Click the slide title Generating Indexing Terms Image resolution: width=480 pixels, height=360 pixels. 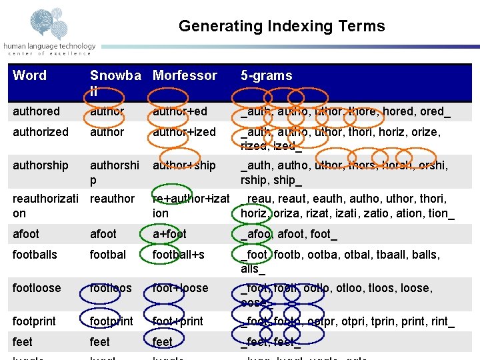pyautogui.click(x=281, y=27)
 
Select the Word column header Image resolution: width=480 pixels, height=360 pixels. pyautogui.click(x=29, y=75)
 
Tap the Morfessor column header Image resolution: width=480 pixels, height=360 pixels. pyautogui.click(x=185, y=75)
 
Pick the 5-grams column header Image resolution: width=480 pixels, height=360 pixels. pyautogui.click(x=266, y=75)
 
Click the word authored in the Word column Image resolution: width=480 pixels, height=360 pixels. pyautogui.click(x=36, y=111)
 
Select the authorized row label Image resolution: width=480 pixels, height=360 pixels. pyautogui.click(x=40, y=132)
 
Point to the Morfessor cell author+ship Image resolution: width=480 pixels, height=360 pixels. pyautogui.click(x=184, y=165)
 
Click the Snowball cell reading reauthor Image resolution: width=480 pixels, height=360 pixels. pyautogui.click(x=112, y=199)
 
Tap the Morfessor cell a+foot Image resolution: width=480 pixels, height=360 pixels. pyautogui.click(x=169, y=234)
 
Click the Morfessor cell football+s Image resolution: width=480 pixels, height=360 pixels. pyautogui.click(x=179, y=255)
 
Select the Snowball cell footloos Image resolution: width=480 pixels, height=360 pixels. pyautogui.click(x=111, y=288)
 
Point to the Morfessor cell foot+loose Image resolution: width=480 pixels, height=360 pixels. pyautogui.click(x=180, y=288)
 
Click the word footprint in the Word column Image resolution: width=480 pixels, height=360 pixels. pyautogui.click(x=34, y=321)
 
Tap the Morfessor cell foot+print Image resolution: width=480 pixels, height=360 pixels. pyautogui.click(x=177, y=321)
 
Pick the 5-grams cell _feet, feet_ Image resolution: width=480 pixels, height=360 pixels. pyautogui.click(x=271, y=342)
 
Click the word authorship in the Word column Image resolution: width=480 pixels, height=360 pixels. pyautogui.click(x=40, y=165)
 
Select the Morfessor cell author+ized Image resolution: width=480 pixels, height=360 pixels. pyautogui.click(x=184, y=132)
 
